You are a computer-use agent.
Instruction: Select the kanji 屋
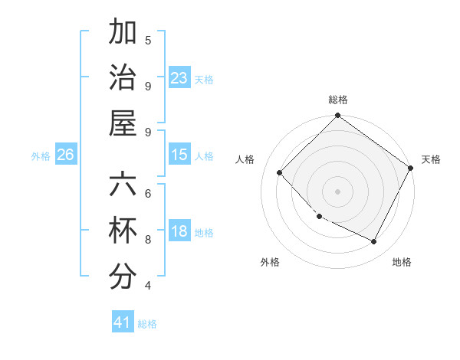point(123,123)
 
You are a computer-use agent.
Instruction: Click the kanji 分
point(123,277)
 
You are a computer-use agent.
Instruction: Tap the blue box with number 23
point(179,78)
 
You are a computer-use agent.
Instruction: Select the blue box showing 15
point(179,155)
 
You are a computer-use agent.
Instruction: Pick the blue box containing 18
point(179,231)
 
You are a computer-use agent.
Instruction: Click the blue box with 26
point(65,155)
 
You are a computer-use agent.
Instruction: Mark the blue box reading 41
point(123,322)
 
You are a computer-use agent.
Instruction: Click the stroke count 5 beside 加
point(148,40)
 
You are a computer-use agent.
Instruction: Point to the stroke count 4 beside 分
point(148,286)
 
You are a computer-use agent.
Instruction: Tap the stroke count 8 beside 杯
point(148,239)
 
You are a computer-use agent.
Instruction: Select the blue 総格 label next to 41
point(147,324)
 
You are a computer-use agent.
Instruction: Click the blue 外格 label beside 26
point(41,156)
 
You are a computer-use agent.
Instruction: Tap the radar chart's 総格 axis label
point(337,100)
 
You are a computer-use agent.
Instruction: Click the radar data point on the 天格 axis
point(410,169)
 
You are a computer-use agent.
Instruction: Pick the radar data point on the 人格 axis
point(280,173)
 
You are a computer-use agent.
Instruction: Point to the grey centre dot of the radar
point(337,191)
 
